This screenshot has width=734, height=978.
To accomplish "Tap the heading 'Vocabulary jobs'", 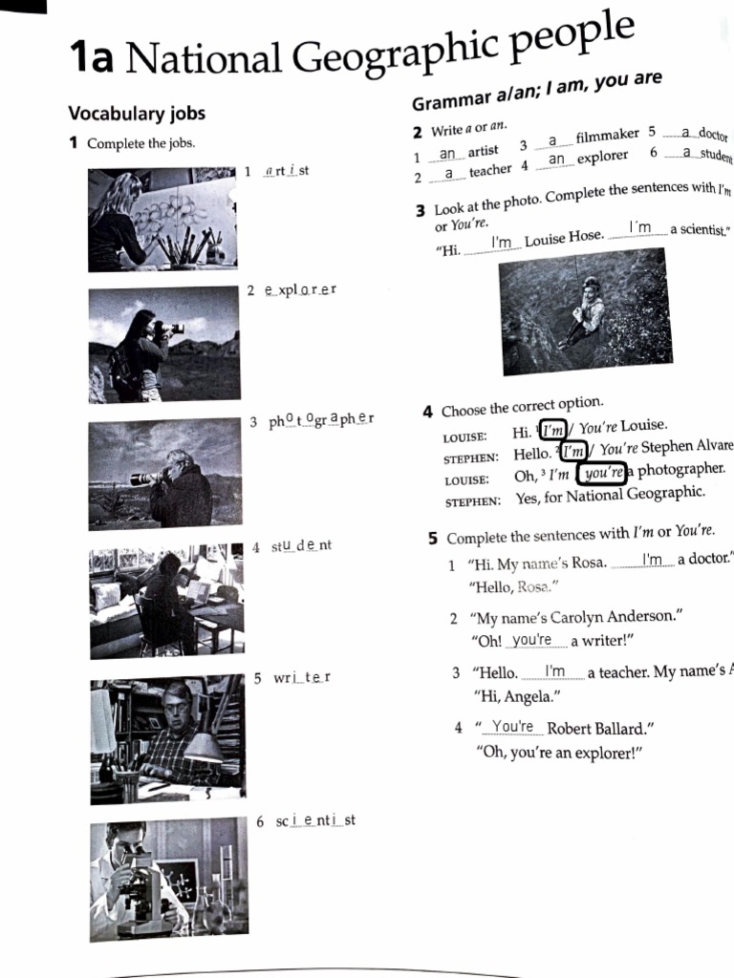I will click(x=137, y=114).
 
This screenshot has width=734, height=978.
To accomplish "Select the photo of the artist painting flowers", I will click(x=162, y=220).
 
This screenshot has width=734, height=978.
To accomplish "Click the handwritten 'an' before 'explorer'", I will click(x=557, y=159).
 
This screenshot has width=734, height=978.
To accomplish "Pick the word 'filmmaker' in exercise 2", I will click(x=608, y=137).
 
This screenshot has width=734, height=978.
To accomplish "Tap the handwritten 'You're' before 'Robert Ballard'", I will click(x=512, y=727).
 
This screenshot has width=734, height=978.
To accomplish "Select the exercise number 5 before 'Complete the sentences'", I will click(x=433, y=537).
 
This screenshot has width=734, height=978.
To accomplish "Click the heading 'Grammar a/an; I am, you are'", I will click(x=536, y=92).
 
